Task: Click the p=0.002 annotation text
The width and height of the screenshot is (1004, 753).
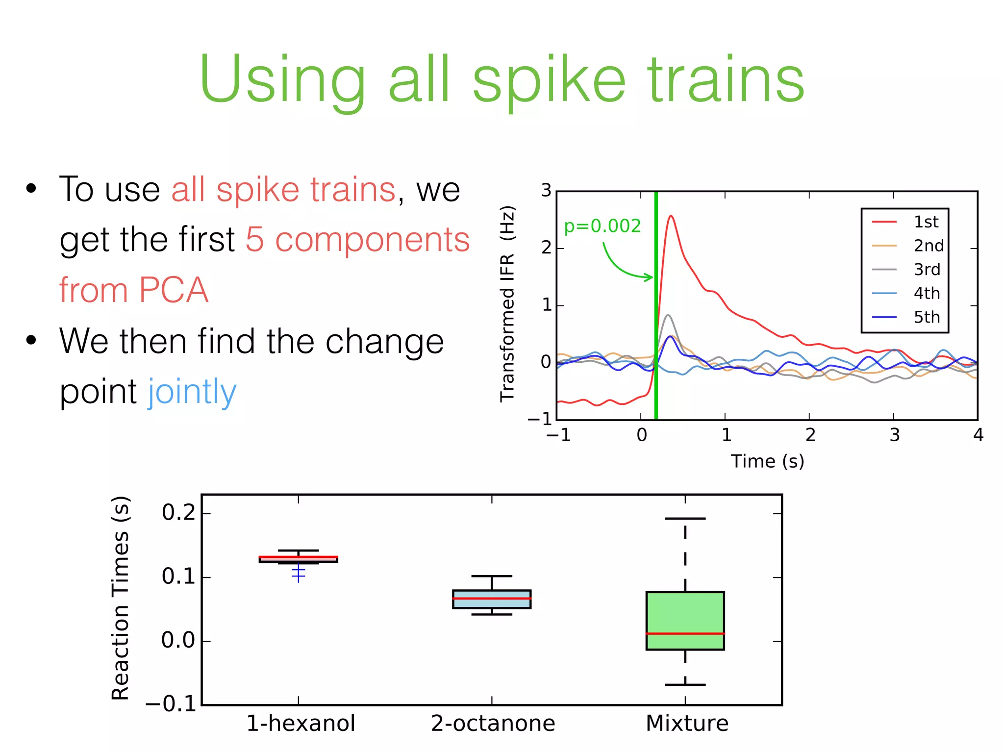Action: coord(602,226)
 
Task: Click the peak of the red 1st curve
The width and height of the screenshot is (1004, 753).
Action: coord(671,216)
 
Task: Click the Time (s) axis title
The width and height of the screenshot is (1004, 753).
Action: coord(767,461)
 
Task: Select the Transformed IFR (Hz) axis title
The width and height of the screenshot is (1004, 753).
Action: coord(507,304)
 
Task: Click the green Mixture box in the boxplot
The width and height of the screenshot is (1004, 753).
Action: coord(685,613)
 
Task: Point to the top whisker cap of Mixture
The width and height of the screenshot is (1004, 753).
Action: coord(685,519)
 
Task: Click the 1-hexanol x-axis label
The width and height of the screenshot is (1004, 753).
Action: coord(300,724)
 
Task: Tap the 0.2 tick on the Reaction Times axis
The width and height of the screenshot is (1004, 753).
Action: coord(178,513)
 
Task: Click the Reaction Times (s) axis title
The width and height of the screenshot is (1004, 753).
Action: coord(121,598)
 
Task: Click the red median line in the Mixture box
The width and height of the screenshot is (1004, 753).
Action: coord(685,634)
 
